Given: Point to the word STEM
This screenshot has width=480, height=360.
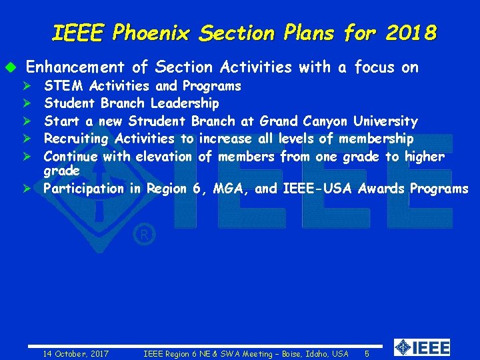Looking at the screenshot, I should click(x=64, y=86).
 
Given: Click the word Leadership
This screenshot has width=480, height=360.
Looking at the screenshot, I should click(x=185, y=103).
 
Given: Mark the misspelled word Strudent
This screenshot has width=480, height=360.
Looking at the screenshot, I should click(x=157, y=121).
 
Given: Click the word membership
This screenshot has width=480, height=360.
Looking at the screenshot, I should click(x=376, y=139).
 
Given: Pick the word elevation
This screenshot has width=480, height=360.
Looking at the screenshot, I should click(x=165, y=157).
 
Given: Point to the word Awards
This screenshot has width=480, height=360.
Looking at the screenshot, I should click(x=381, y=189).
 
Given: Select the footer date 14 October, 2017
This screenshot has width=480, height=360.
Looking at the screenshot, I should click(x=76, y=353).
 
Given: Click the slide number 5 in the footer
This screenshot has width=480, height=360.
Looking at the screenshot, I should click(x=367, y=353).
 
